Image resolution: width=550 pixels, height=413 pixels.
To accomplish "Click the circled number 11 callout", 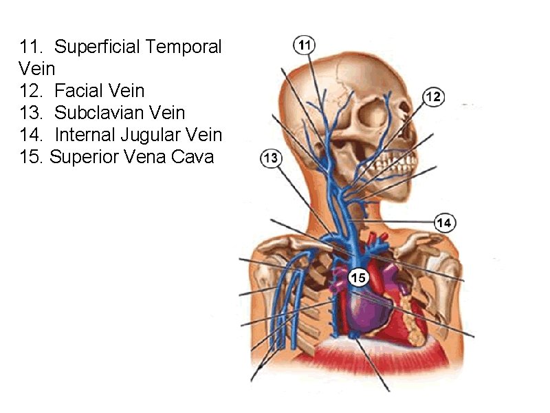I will (x=305, y=45).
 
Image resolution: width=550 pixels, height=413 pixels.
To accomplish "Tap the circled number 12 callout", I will (x=433, y=97).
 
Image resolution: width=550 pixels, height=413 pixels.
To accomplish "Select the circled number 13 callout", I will (x=271, y=158).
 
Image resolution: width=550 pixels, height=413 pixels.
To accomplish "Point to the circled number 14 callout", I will (x=445, y=222).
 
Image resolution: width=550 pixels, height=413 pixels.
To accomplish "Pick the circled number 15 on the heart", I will (x=358, y=278).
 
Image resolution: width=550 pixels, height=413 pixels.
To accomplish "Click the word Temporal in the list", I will (x=184, y=47).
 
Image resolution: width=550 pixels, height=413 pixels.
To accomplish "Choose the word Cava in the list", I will (x=194, y=157).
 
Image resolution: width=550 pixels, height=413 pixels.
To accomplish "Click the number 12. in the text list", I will (x=34, y=91).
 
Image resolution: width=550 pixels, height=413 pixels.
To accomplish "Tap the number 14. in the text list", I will (x=34, y=135).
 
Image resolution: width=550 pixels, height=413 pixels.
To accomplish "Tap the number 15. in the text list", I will (x=33, y=157).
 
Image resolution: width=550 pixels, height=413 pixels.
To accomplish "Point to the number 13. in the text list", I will (x=34, y=113).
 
